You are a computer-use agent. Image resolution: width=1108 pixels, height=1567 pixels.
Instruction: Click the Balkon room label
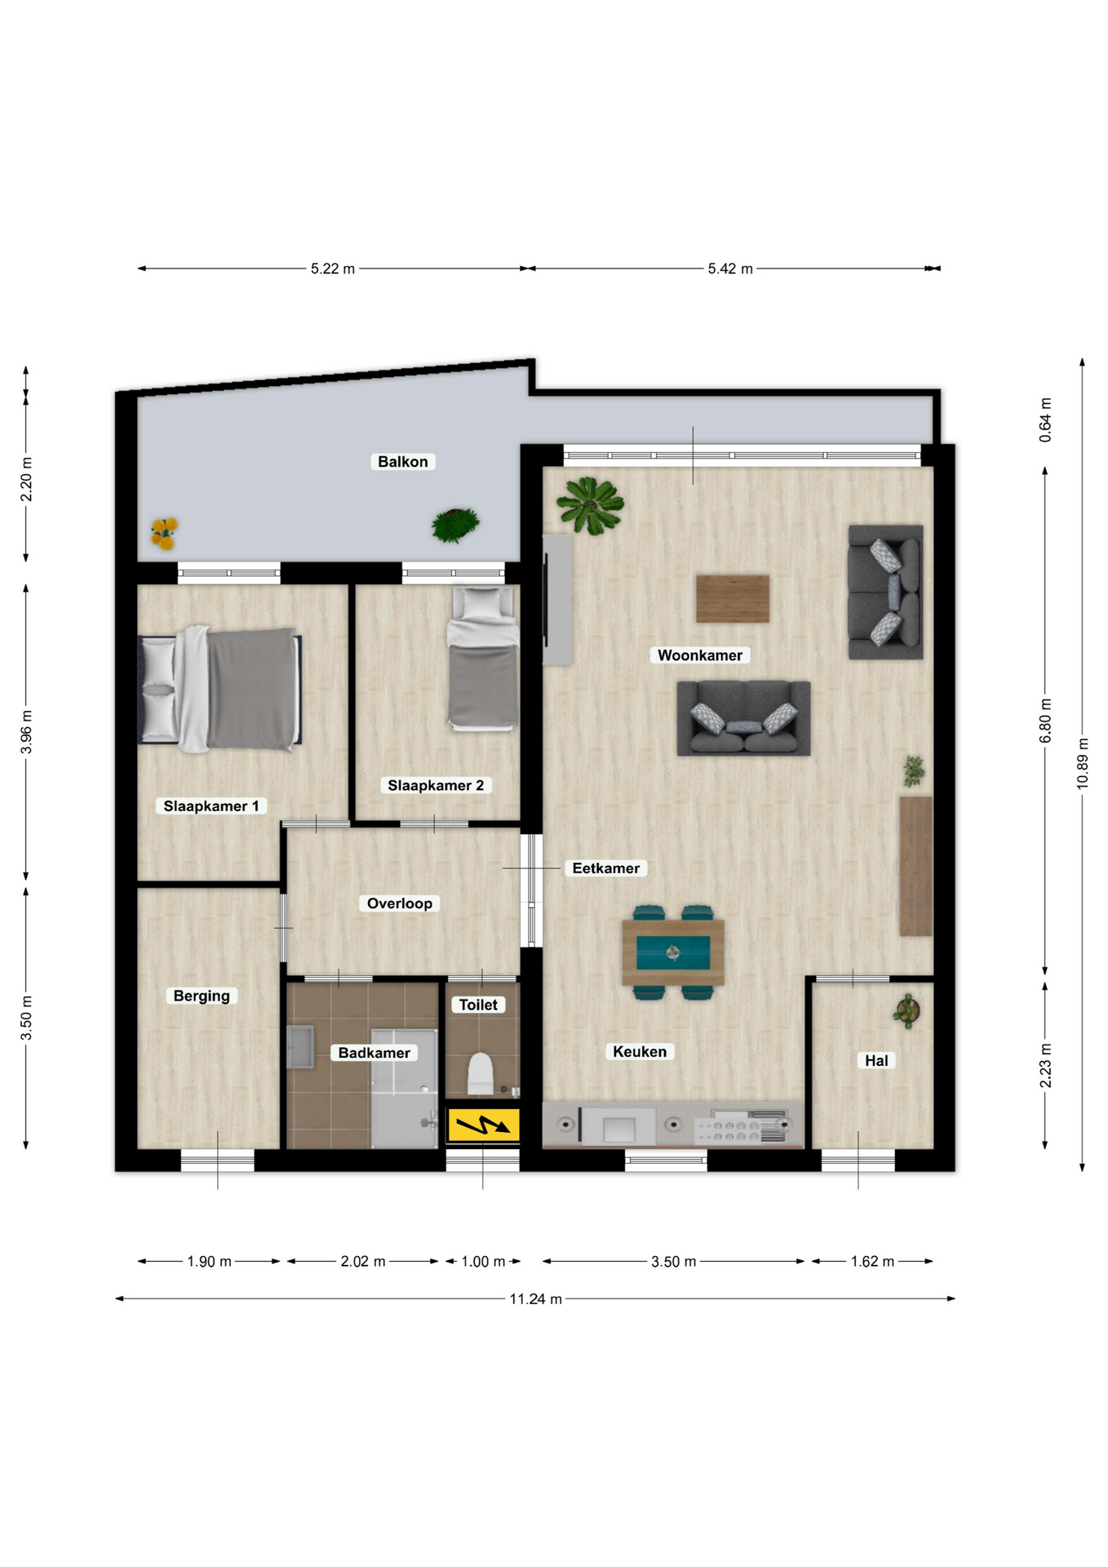402,461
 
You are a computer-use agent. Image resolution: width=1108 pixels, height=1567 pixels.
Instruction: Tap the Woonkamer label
700,655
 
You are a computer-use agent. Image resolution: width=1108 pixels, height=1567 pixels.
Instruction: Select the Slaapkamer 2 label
436,785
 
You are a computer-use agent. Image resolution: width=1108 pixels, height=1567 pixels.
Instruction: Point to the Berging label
202,996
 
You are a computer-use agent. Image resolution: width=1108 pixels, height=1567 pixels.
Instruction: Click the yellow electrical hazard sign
483,1125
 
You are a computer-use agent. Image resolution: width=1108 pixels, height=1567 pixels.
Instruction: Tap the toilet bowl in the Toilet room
481,1074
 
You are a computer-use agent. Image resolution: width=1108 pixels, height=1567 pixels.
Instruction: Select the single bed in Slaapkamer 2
483,658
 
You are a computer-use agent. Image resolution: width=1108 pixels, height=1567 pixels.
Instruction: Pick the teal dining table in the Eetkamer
673,952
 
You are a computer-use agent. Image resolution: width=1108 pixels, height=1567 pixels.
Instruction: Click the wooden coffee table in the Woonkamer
733,599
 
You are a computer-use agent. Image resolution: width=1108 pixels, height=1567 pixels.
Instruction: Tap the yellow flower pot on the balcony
164,534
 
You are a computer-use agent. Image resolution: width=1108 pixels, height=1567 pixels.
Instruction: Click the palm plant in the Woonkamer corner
590,505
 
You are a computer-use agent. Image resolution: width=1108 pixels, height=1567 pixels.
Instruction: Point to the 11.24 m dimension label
536,1298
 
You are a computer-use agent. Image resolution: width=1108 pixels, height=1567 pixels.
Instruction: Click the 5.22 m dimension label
333,269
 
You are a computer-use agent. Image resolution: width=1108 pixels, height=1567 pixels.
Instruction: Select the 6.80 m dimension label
1045,721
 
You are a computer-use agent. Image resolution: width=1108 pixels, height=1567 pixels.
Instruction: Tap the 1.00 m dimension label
483,1261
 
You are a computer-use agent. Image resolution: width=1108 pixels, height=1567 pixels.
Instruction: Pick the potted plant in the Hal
906,1010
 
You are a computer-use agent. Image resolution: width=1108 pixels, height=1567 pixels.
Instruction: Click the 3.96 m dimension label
26,731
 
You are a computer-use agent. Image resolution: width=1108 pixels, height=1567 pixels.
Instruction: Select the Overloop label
400,903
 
